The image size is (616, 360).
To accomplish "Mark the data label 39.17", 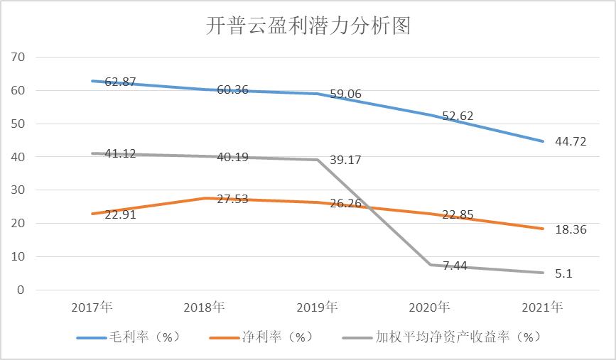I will click(x=346, y=160).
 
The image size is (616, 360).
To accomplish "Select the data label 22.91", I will click(x=120, y=214).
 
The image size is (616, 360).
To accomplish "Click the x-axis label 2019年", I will click(x=317, y=307).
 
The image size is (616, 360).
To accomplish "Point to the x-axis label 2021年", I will click(x=541, y=307).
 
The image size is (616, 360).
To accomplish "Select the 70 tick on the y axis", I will click(x=18, y=57).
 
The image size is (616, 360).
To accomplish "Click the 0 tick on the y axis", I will click(x=22, y=290).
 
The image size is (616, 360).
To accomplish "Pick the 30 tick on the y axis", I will click(x=18, y=190).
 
